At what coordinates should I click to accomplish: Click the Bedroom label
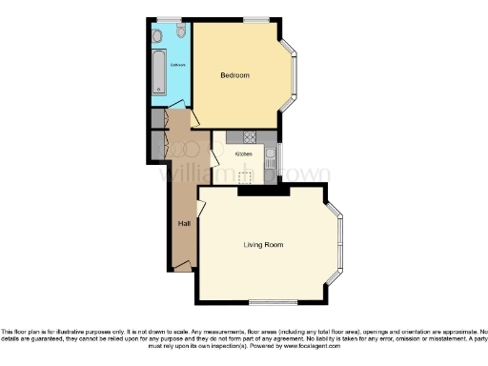pyautogui.click(x=234, y=75)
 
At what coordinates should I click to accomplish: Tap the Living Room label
pyautogui.click(x=262, y=245)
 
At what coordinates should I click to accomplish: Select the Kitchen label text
pyautogui.click(x=244, y=153)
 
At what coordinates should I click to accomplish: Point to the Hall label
pyautogui.click(x=183, y=223)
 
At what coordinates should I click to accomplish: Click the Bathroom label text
pyautogui.click(x=177, y=64)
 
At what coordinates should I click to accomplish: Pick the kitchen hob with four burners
pyautogui.click(x=250, y=135)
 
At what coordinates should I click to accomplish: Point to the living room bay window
pyautogui.click(x=335, y=245)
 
